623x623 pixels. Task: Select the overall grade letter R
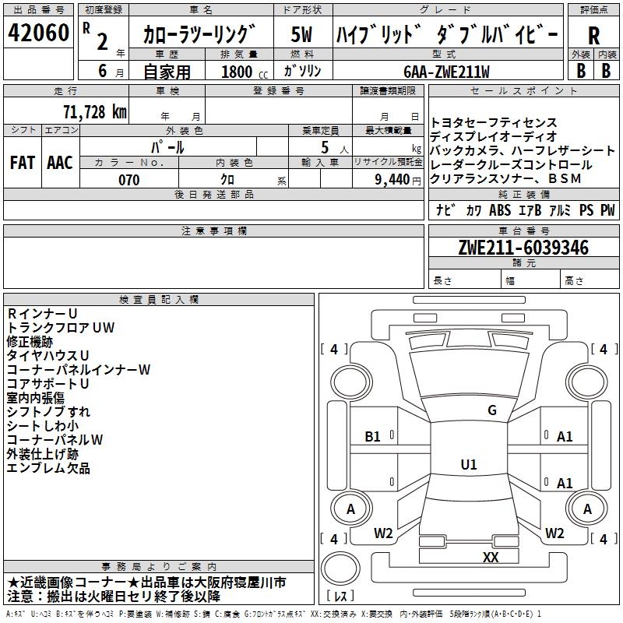pyautogui.click(x=593, y=36)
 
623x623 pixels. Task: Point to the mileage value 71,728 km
pyautogui.click(x=94, y=111)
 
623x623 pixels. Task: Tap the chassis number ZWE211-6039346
pyautogui.click(x=523, y=248)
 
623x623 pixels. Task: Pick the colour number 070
pyautogui.click(x=128, y=181)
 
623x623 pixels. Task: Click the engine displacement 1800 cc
pyautogui.click(x=242, y=72)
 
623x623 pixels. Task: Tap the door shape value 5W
pyautogui.click(x=303, y=34)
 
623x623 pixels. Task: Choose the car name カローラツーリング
pyautogui.click(x=199, y=35)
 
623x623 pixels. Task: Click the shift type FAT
pyautogui.click(x=23, y=162)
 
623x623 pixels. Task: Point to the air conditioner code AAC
pyautogui.click(x=60, y=162)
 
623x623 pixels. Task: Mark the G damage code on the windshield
pyautogui.click(x=492, y=410)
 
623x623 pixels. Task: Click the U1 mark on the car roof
pyautogui.click(x=468, y=465)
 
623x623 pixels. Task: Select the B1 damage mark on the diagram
pyautogui.click(x=373, y=437)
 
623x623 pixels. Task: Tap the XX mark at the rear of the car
pyautogui.click(x=491, y=557)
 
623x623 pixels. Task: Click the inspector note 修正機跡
pyautogui.click(x=30, y=341)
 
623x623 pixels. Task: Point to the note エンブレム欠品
pyautogui.click(x=48, y=468)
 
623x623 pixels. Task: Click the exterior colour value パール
pyautogui.click(x=167, y=147)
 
